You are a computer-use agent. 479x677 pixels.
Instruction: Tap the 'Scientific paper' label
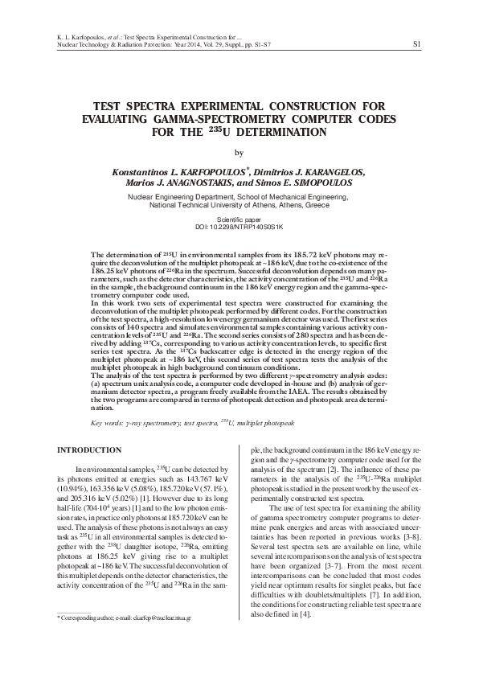click(x=239, y=219)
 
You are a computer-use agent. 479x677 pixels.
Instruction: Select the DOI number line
click(x=239, y=226)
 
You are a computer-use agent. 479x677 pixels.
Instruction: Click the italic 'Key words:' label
click(x=109, y=421)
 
